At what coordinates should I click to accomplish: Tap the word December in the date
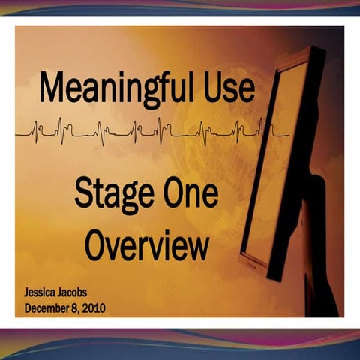[x=50, y=307]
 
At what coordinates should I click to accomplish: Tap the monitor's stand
[x=315, y=247]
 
